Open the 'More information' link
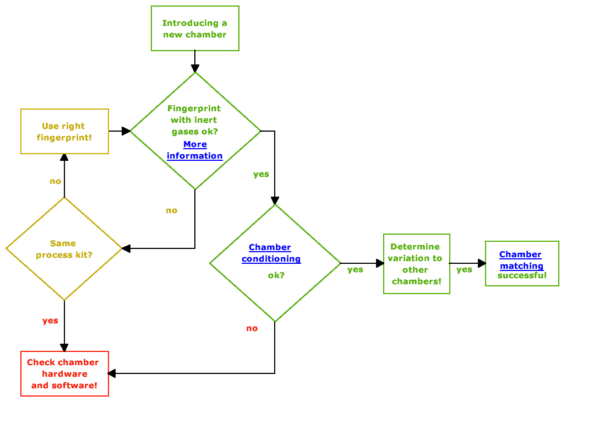point(195,150)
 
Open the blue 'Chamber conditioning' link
point(270,253)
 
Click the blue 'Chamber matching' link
point(521,260)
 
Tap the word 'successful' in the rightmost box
point(522,275)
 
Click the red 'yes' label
point(50,321)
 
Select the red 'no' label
point(252,328)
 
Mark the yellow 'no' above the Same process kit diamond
point(55,181)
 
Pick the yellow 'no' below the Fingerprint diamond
point(171,210)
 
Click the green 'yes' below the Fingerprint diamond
point(261,174)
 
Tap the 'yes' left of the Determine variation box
point(355,269)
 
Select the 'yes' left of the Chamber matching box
point(464,269)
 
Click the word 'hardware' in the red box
point(64,374)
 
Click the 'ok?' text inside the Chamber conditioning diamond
point(276,275)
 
